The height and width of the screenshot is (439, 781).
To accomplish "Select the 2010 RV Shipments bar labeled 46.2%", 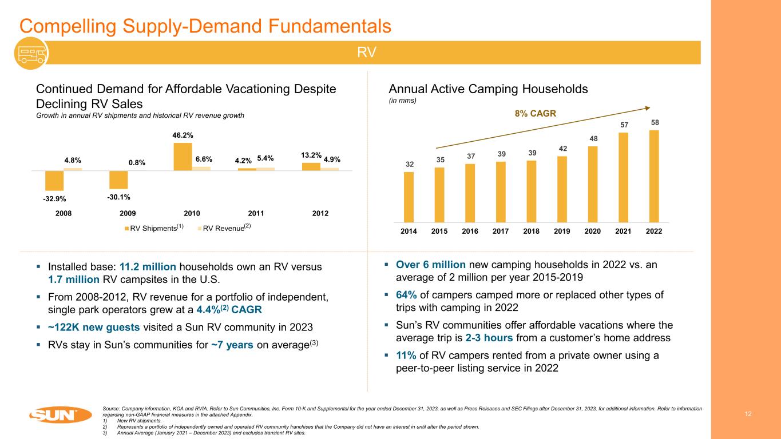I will click(183, 156).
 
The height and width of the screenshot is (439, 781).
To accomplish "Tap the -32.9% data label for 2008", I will click(54, 199).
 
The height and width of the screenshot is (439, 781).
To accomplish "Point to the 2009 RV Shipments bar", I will click(118, 179).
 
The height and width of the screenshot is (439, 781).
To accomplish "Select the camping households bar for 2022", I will click(653, 175).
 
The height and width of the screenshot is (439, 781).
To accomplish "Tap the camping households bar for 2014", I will click(409, 197).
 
